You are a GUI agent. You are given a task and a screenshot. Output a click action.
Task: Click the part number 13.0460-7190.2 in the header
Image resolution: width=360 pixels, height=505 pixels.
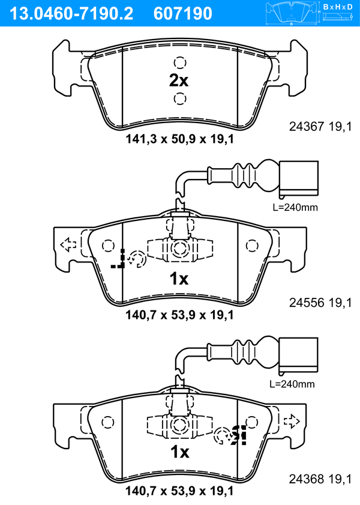pos(71,13)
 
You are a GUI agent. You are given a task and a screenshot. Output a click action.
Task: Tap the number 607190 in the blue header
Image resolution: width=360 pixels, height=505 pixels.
pos(183,13)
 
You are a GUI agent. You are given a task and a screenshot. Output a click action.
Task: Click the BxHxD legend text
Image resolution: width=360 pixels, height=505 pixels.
pos(338,7)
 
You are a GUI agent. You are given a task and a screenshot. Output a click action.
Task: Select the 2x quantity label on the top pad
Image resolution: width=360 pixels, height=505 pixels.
pos(179,80)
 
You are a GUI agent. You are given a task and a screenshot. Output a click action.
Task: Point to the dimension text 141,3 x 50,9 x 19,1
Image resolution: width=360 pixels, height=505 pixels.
pos(179,139)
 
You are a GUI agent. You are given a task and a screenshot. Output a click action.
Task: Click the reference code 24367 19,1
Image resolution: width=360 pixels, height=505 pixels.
pos(320,127)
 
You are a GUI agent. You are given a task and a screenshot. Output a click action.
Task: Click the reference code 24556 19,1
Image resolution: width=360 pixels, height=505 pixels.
pos(320,303)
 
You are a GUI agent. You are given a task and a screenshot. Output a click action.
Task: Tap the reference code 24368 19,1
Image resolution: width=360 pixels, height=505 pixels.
pos(320,479)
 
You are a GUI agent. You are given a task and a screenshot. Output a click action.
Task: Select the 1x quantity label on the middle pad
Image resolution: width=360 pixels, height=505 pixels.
pos(179,279)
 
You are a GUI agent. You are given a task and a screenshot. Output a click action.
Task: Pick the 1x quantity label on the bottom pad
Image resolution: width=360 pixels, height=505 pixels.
pos(180,452)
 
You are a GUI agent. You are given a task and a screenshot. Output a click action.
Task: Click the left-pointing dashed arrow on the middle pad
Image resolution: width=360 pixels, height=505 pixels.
pos(68,245)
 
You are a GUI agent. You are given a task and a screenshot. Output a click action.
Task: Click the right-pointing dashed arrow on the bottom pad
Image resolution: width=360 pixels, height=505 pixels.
pos(292,421)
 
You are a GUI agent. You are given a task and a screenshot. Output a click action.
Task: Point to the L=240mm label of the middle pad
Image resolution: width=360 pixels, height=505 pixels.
pos(295,207)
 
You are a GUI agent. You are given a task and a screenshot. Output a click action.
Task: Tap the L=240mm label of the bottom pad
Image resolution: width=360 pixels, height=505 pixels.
pos(292,384)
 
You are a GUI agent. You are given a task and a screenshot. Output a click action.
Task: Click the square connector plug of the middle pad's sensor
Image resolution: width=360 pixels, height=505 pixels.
pos(299,178)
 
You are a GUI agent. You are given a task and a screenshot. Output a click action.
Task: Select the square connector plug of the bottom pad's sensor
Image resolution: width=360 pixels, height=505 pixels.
pos(299,355)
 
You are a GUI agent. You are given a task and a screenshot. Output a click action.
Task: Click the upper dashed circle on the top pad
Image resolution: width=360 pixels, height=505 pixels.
pos(180,62)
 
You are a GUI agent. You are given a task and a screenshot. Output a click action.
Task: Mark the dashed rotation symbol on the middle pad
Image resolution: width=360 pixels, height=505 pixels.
pos(136,259)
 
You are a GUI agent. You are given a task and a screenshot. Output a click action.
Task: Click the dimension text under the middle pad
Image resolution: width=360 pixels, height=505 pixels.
pos(179,315)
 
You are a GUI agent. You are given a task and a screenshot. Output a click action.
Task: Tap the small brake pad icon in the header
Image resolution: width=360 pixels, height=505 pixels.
pos(292,13)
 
